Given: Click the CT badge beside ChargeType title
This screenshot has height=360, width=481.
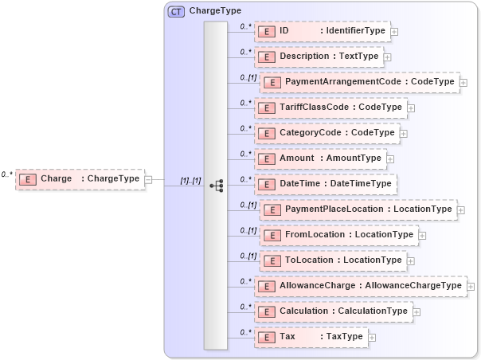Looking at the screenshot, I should coord(176,12).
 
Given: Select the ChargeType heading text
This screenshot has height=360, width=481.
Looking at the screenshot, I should coord(215,12).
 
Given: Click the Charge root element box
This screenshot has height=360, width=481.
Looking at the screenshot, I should coord(80,179).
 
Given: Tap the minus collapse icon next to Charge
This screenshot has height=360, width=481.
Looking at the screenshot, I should coord(148,179).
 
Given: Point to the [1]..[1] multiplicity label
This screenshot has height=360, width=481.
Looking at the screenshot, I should coord(190,180).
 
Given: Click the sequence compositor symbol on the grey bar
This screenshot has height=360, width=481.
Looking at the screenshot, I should coord(216,185).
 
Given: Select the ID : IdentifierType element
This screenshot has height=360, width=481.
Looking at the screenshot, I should coord(322,31).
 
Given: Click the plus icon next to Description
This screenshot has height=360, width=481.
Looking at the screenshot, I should coord(388,57).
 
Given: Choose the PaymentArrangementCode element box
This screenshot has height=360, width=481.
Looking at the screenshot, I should coord(359,82).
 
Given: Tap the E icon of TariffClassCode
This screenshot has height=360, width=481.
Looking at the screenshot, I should coord(267,108).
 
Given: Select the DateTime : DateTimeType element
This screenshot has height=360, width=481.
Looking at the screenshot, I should coord(325,184).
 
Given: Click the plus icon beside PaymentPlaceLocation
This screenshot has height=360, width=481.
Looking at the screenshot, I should coord(461,210).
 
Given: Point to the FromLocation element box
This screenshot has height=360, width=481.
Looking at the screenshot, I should coord(338,235).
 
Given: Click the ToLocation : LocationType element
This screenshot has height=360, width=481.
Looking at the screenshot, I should coord(333,260).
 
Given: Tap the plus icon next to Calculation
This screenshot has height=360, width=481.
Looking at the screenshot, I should coord(416,312).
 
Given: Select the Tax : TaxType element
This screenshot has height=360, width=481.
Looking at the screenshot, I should coord(311,337).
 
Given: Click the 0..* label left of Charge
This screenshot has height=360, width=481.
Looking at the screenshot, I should coord(7,174).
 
